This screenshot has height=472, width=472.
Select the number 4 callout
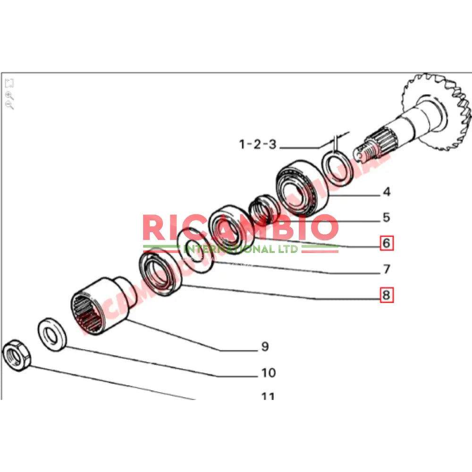tap(387, 192)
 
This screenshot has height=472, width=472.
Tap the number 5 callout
tap(387, 218)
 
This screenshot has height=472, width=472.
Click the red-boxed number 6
tap(387, 244)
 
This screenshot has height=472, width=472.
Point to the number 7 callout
tap(387, 270)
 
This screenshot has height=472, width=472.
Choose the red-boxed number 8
tap(387, 295)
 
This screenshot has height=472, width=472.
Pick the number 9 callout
tap(265, 347)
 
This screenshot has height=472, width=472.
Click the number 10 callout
tap(268, 373)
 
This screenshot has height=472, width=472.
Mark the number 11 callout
tap(268, 396)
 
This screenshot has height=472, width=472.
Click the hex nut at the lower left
tap(17, 354)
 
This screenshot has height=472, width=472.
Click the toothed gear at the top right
tap(437, 111)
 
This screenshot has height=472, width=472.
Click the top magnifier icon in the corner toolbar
tap(9, 94)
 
